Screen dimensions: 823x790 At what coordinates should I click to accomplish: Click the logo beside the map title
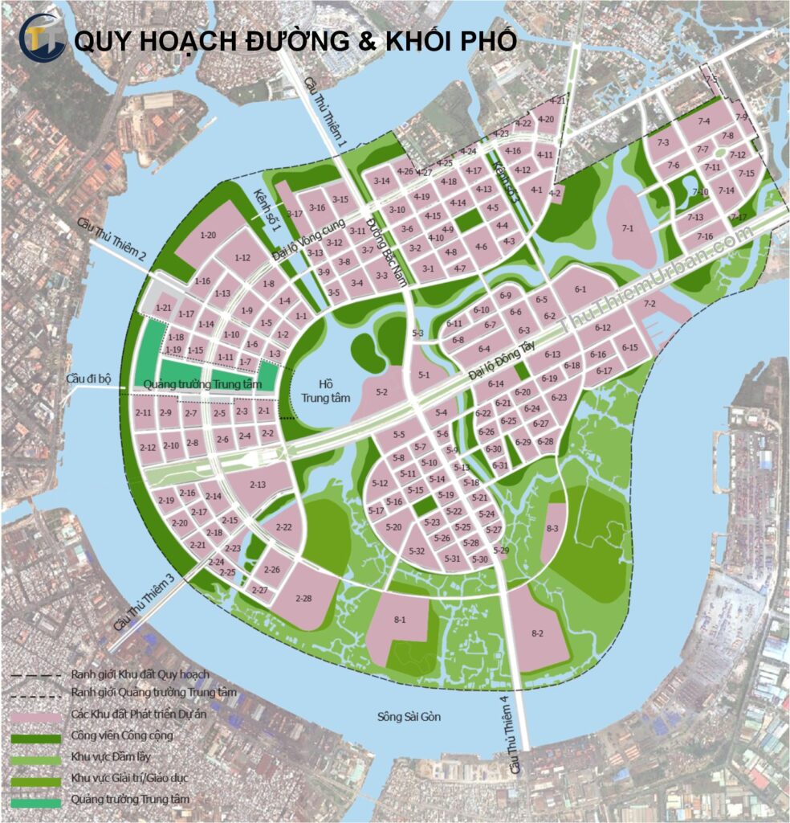[42, 39]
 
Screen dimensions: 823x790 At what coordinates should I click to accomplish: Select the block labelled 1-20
[208, 235]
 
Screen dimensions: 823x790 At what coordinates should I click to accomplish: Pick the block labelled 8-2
[537, 633]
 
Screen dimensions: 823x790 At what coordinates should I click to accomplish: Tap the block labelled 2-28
[303, 599]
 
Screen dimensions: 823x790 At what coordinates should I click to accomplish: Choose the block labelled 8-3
[552, 528]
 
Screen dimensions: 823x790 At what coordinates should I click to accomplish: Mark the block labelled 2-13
[258, 485]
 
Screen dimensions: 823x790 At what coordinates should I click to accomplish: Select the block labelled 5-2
[381, 392]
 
